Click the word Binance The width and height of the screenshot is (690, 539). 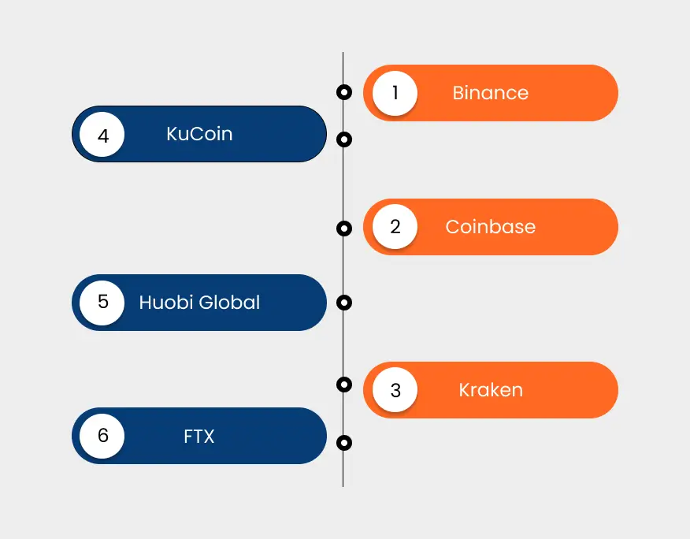(490, 93)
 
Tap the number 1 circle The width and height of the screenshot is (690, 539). (395, 93)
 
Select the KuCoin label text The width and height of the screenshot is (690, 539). (199, 134)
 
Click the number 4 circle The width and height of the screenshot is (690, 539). (102, 136)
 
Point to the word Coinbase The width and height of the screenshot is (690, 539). (490, 227)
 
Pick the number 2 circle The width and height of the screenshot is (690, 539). (395, 227)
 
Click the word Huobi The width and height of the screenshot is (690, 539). (165, 302)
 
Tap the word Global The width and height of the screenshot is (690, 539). (229, 302)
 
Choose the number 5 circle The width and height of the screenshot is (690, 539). (102, 302)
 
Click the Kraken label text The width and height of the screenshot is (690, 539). (490, 389)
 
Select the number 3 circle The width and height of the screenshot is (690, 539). (395, 389)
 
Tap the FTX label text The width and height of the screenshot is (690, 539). (199, 436)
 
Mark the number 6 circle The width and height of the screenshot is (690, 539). (102, 436)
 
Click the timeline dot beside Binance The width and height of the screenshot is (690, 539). (343, 92)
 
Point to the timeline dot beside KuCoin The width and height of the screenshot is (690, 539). (343, 139)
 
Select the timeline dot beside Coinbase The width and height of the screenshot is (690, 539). (343, 229)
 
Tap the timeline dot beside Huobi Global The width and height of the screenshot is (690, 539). (343, 303)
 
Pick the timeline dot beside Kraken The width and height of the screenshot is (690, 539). (343, 385)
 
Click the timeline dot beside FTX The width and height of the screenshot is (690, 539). (343, 443)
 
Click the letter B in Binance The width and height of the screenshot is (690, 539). (458, 93)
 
